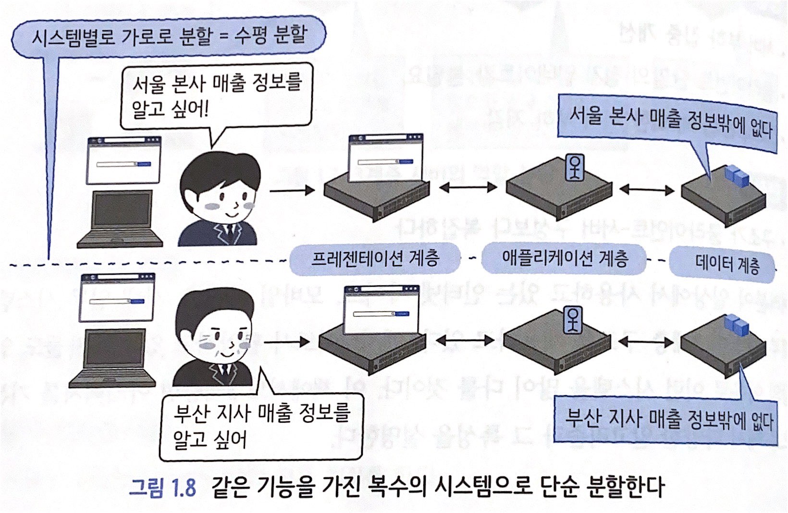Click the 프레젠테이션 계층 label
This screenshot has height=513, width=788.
tap(375, 259)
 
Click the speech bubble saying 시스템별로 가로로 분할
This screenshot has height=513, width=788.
tap(168, 36)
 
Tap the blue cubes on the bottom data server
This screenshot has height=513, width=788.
tap(737, 325)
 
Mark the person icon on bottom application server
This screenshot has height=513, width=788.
tap(572, 319)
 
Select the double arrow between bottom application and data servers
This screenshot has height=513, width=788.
tap(646, 342)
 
